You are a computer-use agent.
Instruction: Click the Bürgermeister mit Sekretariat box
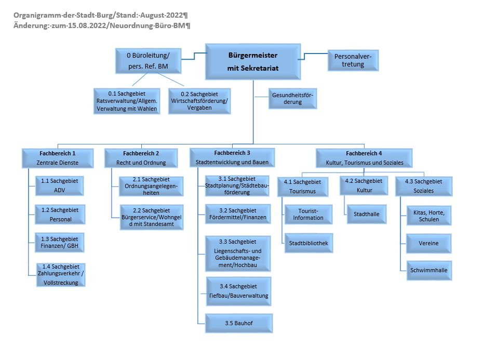(253, 62)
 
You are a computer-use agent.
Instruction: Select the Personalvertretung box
(353, 60)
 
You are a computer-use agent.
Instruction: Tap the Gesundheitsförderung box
(292, 99)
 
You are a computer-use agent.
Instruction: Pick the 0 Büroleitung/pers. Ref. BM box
(148, 61)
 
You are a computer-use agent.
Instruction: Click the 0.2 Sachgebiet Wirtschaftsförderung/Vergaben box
(199, 101)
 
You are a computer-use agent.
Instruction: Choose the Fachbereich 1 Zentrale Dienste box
(58, 158)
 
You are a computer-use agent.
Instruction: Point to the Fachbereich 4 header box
(364, 158)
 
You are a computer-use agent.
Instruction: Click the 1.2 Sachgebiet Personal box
(60, 215)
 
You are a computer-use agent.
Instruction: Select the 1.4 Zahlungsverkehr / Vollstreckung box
(61, 275)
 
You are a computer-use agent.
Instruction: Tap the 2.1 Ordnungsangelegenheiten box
(151, 186)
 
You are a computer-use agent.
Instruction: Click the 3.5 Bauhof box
(239, 323)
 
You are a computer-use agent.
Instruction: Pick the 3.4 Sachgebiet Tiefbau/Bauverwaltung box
(238, 291)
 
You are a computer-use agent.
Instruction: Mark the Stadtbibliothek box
(308, 243)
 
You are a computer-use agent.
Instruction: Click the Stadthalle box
(367, 214)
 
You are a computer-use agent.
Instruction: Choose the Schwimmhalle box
(429, 270)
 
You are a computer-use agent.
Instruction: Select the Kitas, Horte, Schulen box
(429, 216)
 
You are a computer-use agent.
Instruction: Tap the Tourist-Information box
(308, 215)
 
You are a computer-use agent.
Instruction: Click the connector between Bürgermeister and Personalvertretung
(313, 56)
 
